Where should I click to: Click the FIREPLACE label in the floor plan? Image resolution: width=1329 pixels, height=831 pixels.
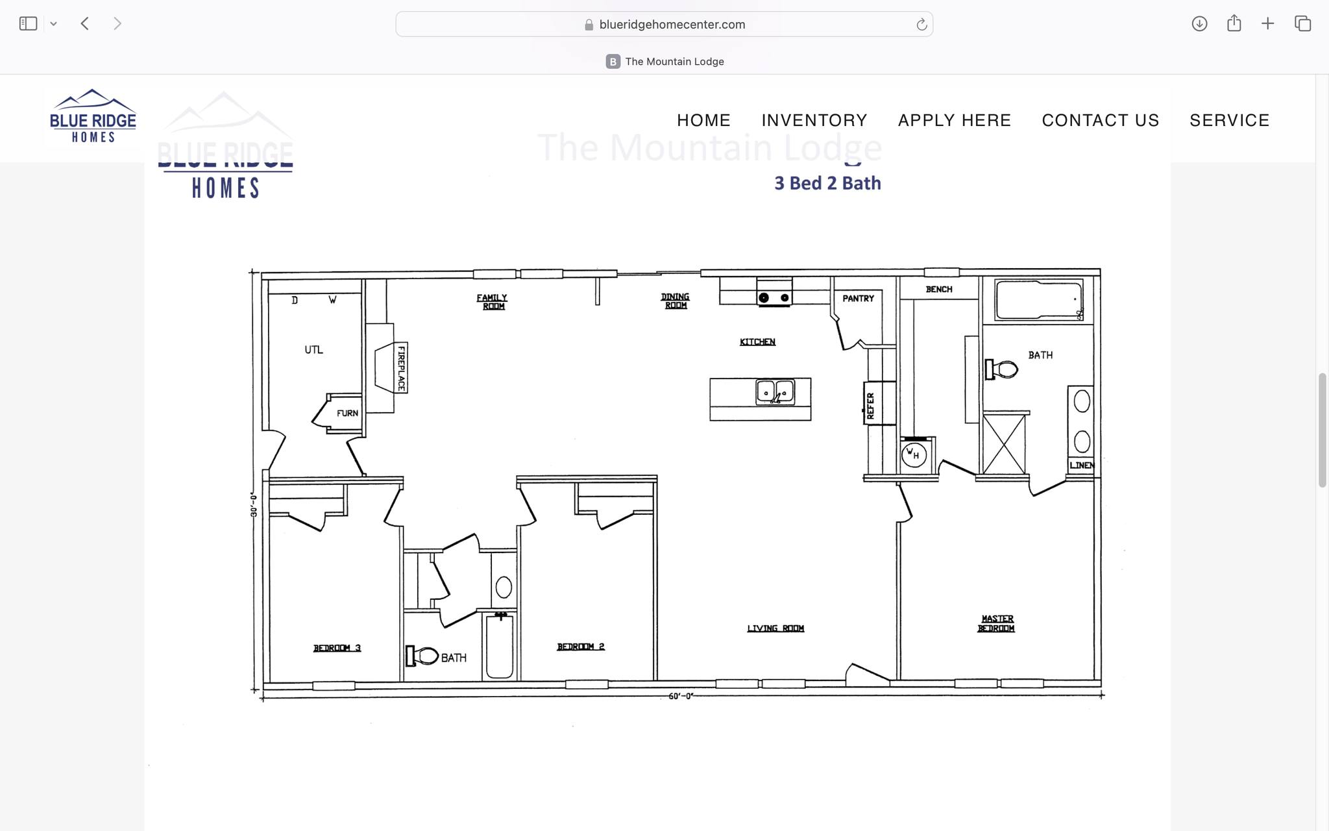click(401, 368)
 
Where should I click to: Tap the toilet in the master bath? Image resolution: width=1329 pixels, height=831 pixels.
click(1002, 369)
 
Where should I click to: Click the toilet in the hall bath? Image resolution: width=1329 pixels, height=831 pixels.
click(422, 656)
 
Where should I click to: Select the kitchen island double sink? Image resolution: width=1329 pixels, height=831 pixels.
click(775, 392)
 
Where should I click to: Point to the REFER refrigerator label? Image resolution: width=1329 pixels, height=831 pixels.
click(870, 405)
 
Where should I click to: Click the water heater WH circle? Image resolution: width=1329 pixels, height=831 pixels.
click(913, 453)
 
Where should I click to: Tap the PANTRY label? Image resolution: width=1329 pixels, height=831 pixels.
click(858, 299)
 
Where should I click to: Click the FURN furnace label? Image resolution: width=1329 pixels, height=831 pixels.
click(347, 413)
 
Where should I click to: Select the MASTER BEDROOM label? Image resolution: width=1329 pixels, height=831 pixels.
click(996, 623)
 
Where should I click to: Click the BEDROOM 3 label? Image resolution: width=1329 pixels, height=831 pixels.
click(337, 648)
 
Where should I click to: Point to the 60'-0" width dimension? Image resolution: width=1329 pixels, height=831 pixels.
click(681, 696)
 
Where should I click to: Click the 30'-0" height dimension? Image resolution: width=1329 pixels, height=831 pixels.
click(254, 505)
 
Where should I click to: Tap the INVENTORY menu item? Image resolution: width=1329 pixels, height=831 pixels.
click(814, 121)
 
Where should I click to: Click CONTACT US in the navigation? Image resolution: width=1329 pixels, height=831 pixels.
click(1100, 121)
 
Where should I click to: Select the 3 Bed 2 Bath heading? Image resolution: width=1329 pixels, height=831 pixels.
click(827, 183)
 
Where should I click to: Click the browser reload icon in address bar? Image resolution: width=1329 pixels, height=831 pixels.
click(921, 25)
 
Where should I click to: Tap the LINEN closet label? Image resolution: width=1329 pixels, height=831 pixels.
click(1081, 465)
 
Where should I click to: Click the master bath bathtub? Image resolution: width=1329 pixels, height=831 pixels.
click(1038, 299)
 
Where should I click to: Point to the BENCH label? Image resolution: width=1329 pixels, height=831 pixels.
click(938, 290)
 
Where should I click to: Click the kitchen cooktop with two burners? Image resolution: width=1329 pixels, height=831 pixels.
click(774, 297)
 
